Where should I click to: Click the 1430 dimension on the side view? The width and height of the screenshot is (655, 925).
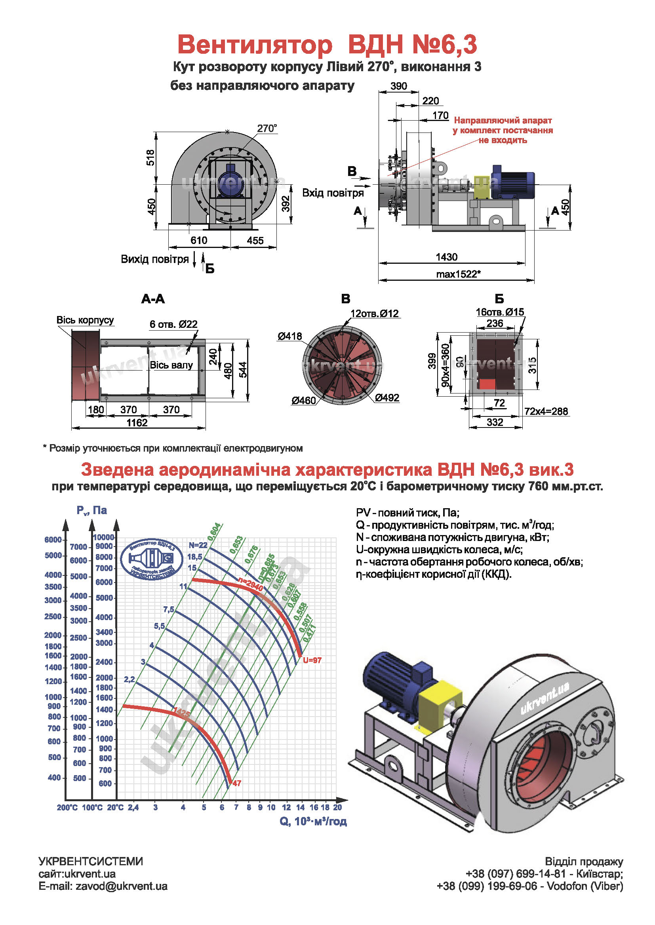446,257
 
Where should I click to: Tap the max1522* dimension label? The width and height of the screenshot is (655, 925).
458,274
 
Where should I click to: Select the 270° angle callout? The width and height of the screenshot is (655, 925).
267,129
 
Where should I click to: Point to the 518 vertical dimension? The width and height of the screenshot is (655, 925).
150,157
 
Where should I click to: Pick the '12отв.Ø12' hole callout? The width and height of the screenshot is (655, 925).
374,314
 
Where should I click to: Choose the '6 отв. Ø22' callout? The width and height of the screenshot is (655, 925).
173,324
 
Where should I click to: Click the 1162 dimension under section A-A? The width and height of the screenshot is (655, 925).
137,423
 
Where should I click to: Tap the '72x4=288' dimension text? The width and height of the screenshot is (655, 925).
546,411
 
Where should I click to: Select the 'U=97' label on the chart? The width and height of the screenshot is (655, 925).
312,660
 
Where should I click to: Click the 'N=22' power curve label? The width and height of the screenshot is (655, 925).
198,545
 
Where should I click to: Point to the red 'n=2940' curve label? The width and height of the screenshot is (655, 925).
250,585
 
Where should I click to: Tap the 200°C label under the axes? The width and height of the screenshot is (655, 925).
67,808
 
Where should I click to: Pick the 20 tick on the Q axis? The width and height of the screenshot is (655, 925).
337,808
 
